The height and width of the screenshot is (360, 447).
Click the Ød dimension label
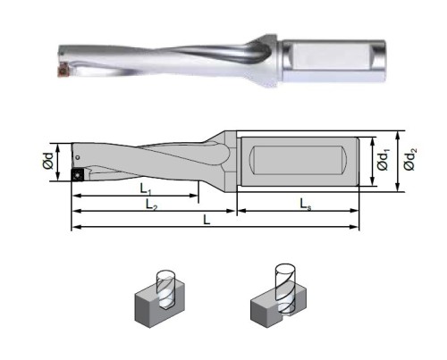click(x=47, y=161)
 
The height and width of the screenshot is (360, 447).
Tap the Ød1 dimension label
click(x=384, y=161)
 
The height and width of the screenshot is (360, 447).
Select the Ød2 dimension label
click(x=410, y=161)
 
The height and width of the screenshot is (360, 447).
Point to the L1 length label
click(x=146, y=188)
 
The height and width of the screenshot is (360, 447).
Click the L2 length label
click(x=151, y=205)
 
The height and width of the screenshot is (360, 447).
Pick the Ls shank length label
click(x=306, y=205)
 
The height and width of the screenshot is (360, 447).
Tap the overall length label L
click(x=207, y=220)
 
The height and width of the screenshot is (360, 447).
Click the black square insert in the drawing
click(x=78, y=174)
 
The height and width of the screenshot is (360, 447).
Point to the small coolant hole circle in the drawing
click(x=78, y=157)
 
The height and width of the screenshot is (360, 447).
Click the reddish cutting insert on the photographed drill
click(x=63, y=71)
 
